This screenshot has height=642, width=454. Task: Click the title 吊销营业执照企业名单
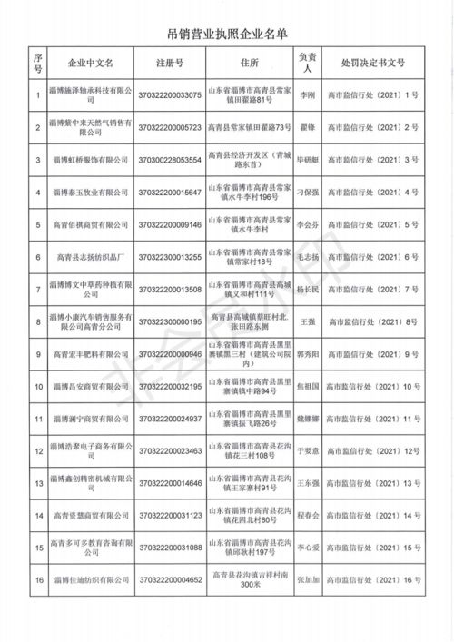tap(227, 35)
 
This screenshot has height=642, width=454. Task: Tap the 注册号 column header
tap(169, 65)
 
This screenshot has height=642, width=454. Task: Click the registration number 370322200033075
tap(170, 95)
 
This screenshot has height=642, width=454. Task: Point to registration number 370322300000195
tap(170, 321)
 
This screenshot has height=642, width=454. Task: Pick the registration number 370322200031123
tap(170, 515)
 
